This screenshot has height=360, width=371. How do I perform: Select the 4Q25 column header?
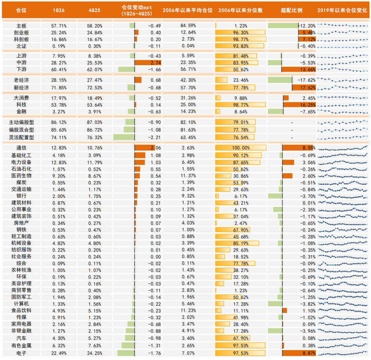click(x=94, y=10)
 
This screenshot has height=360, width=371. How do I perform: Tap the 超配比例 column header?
click(x=291, y=10)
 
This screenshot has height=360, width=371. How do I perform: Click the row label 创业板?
click(x=21, y=33)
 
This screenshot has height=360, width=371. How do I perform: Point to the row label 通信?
click(x=21, y=148)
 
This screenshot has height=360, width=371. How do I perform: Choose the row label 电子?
click(x=21, y=353)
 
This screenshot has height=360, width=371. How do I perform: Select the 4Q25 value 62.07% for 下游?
click(x=94, y=70)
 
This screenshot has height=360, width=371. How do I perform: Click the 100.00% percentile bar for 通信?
click(x=240, y=148)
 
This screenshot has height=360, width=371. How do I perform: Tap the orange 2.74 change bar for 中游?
click(x=148, y=63)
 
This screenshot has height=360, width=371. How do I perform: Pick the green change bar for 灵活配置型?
click(x=124, y=137)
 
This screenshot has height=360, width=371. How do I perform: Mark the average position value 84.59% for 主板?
click(x=188, y=26)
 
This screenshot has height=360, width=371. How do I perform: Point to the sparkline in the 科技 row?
click(x=343, y=105)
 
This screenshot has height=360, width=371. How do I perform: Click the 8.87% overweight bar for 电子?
click(x=299, y=353)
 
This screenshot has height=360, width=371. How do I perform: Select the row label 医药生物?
click(x=21, y=176)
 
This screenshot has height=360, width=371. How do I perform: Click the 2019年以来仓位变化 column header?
click(x=342, y=10)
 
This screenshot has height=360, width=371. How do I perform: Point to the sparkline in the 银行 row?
click(x=343, y=196)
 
